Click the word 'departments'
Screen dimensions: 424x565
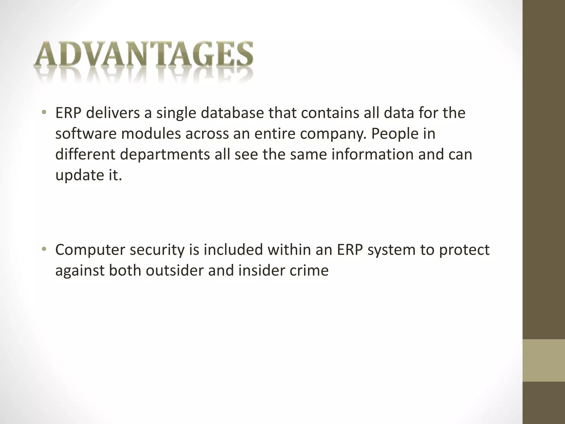[x=165, y=155]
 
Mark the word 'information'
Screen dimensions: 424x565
[x=372, y=155]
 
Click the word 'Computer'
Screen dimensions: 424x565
[x=90, y=250]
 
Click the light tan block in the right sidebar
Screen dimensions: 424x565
[x=543, y=360]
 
